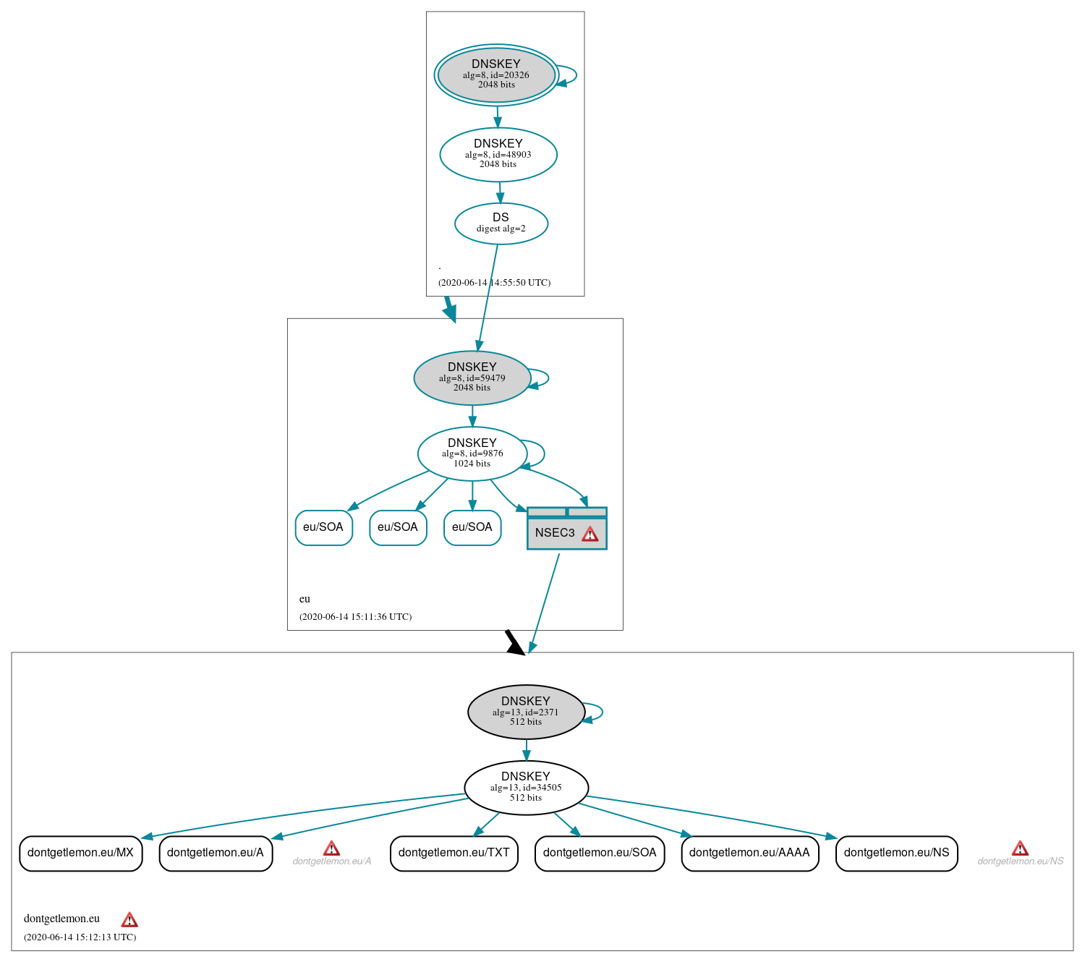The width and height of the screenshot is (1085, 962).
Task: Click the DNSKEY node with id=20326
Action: [496, 75]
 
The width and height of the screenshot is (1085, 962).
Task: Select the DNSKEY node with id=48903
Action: [498, 154]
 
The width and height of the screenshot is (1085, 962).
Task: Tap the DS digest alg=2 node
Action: [501, 224]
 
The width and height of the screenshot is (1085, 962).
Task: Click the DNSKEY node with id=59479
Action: [472, 378]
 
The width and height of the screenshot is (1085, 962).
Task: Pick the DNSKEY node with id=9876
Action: [472, 454]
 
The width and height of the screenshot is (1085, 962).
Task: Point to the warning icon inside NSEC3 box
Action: [590, 534]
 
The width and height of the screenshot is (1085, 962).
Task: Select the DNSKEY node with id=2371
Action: [526, 712]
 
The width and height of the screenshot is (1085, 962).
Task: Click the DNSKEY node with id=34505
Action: [526, 788]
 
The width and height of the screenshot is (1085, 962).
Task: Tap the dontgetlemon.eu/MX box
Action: [80, 853]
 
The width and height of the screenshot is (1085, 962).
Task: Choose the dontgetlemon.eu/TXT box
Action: [454, 853]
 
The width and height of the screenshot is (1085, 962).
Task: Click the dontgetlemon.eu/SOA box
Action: [600, 853]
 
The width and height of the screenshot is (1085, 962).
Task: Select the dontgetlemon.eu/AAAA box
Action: [749, 853]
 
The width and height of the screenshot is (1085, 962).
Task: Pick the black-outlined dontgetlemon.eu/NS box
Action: [896, 853]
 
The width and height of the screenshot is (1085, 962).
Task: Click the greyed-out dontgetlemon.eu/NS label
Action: [1020, 861]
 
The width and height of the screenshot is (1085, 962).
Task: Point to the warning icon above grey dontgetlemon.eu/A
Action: [331, 848]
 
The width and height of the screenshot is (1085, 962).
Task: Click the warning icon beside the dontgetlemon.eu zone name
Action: [129, 919]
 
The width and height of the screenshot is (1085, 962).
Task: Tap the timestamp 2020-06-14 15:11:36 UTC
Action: [355, 617]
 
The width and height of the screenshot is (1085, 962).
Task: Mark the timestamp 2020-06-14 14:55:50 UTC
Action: [494, 283]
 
